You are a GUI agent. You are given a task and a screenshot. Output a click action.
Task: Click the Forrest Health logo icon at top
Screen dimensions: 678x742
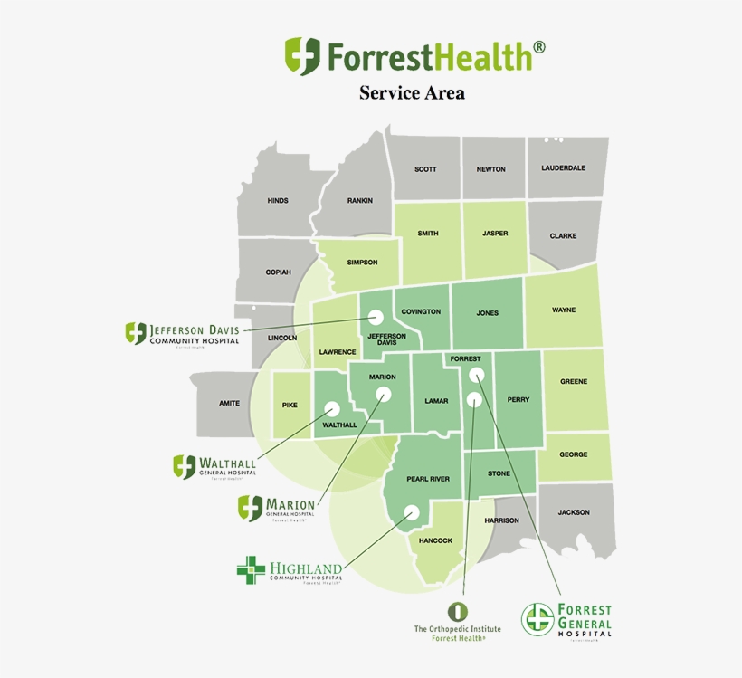[302, 56]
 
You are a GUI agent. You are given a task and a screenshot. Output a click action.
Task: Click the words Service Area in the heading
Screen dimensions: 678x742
[412, 92]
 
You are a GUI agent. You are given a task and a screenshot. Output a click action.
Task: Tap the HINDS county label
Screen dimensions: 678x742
[277, 201]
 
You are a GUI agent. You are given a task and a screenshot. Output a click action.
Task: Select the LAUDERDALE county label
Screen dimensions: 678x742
[563, 168]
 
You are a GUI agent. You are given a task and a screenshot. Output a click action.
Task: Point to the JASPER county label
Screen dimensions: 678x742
[495, 234]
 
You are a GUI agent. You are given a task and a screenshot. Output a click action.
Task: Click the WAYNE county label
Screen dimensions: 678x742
[563, 310]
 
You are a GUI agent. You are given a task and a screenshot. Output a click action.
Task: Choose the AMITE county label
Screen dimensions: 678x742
[229, 404]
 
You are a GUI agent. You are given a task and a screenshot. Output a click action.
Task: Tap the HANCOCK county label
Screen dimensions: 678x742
[435, 541]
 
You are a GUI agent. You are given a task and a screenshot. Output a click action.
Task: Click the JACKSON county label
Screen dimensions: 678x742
[573, 513]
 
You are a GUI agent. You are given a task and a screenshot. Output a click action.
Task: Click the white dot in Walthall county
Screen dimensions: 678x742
[332, 408]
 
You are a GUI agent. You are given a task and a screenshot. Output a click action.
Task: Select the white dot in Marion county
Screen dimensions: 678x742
[384, 394]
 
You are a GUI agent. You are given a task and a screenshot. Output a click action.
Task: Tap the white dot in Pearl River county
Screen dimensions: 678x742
[411, 511]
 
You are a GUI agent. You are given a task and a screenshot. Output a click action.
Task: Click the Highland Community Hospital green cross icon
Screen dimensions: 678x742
[251, 570]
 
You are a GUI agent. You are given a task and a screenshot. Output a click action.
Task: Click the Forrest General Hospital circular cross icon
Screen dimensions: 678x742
[537, 619]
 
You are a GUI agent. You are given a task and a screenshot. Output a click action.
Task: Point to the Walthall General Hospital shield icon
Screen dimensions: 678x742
[185, 466]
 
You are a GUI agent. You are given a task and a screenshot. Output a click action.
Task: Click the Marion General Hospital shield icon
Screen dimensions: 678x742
[250, 507]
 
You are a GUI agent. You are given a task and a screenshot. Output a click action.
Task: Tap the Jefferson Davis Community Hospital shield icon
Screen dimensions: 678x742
[136, 333]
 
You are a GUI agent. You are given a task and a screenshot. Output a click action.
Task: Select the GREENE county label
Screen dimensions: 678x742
[573, 382]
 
